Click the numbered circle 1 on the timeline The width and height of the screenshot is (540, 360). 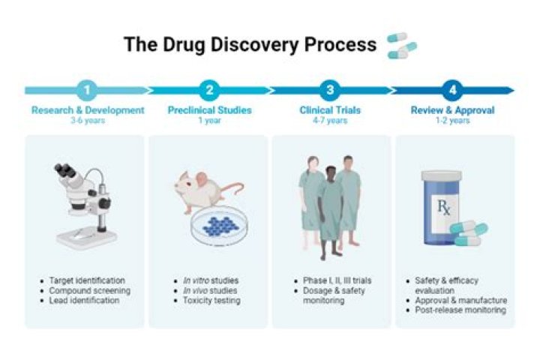click(x=88, y=91)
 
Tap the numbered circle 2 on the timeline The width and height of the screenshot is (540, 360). click(x=209, y=91)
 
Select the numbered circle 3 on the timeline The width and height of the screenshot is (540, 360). click(x=330, y=91)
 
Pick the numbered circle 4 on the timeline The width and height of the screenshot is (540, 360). click(x=451, y=91)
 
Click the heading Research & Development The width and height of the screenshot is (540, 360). click(x=88, y=110)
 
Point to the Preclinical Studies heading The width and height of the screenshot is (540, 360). click(x=209, y=110)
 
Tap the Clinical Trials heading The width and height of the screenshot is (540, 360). click(x=330, y=110)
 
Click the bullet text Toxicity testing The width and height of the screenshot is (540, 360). click(x=206, y=301)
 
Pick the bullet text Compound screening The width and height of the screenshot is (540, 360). click(x=90, y=290)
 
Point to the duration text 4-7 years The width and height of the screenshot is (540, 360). click(x=330, y=120)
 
